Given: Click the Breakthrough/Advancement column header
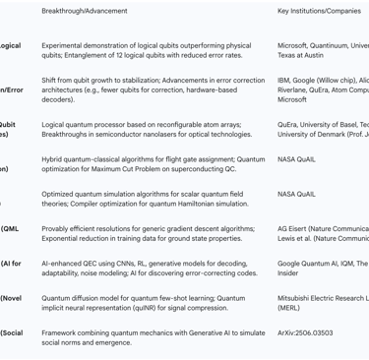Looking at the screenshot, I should click(85, 11).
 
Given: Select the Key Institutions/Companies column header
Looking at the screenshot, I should click(323, 11).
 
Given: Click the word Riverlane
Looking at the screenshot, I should click(295, 89).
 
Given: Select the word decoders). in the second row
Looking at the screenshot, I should click(59, 99).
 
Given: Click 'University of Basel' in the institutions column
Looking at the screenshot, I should click(329, 125).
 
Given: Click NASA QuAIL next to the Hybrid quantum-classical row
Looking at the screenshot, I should click(297, 158).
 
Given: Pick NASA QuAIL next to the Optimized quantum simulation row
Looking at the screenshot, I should click(297, 194).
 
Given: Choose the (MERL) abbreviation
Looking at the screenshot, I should click(290, 308).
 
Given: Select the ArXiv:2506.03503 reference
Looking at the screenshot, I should click(305, 332).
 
